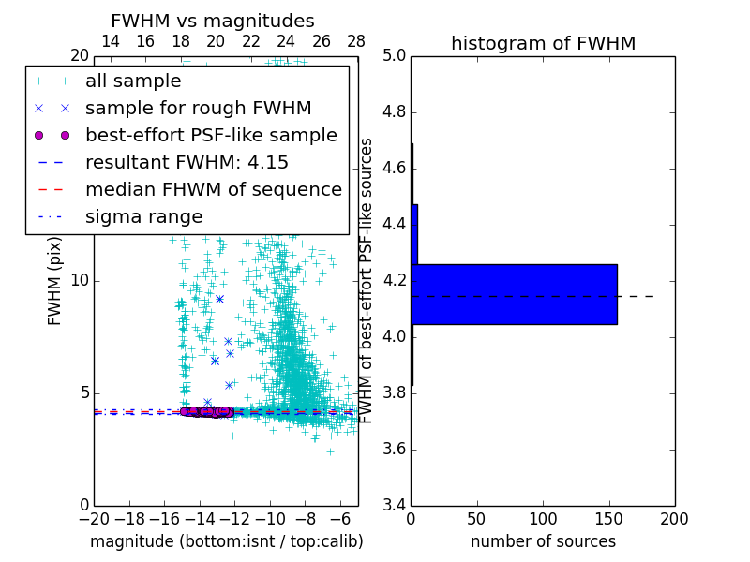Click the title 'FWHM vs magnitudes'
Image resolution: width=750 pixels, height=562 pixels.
click(213, 22)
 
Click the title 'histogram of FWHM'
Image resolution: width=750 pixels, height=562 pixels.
click(543, 44)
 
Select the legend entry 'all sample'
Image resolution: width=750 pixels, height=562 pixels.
click(133, 81)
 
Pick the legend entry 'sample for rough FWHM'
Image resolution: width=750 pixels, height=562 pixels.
click(198, 108)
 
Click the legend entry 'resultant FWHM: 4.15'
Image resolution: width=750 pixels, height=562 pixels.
click(187, 162)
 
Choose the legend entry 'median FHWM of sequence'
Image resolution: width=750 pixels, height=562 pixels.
click(213, 189)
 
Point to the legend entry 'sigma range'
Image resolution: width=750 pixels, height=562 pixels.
click(143, 216)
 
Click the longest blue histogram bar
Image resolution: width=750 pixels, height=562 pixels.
click(514, 294)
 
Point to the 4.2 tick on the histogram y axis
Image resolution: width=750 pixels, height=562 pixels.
click(394, 280)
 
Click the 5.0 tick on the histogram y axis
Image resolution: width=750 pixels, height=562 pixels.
click(394, 55)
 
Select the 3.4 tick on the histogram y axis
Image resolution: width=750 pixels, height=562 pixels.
click(394, 505)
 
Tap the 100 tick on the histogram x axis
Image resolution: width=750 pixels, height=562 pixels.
click(543, 519)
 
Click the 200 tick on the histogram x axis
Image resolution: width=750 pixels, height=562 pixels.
click(674, 519)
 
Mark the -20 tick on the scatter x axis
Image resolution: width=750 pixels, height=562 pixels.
click(94, 519)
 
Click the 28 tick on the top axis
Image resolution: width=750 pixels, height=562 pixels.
click(357, 41)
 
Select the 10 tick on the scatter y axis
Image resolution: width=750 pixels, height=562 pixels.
click(80, 280)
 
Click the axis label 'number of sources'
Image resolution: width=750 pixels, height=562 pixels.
click(543, 541)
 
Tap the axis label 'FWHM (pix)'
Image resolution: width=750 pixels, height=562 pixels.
click(55, 280)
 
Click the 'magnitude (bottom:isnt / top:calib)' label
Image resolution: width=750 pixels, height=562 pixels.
click(226, 541)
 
